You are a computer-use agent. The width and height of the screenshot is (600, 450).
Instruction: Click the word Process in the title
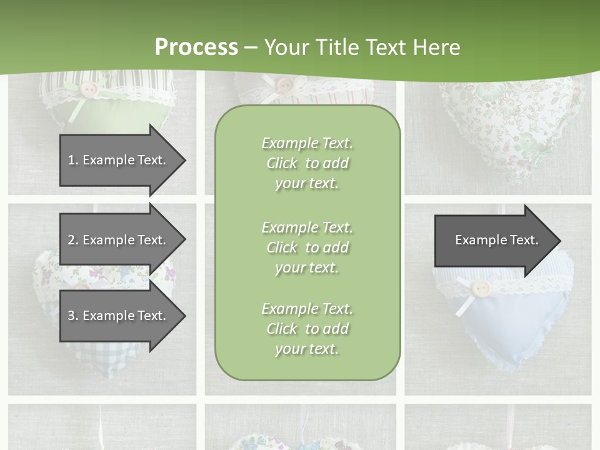click(196, 47)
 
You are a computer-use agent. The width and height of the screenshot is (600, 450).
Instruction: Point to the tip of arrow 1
click(184, 161)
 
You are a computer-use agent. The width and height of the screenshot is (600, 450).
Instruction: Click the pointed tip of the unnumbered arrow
click(559, 241)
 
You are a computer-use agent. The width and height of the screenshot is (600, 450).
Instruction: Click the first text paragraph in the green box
click(307, 163)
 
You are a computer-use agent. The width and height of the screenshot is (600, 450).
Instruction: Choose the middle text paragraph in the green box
click(307, 247)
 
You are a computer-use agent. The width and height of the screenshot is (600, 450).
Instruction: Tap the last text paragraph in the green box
click(307, 329)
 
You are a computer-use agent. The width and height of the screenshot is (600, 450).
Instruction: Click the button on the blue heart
click(480, 288)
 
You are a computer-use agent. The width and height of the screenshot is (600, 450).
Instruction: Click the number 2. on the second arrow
click(73, 240)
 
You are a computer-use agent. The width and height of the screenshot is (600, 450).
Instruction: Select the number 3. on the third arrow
click(73, 316)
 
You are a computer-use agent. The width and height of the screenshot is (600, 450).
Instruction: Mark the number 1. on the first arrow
click(73, 160)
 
